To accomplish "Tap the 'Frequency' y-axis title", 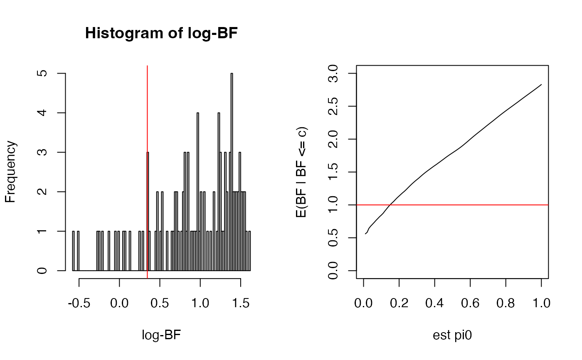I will point(11,172).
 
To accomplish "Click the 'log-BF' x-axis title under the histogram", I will point(161,335).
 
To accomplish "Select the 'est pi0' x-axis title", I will point(452,335).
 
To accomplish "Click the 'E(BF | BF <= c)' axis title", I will point(302,172).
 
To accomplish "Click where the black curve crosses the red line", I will point(390,205).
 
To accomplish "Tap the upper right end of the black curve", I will point(541,84).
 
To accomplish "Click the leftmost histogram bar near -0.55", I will point(73,251).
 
